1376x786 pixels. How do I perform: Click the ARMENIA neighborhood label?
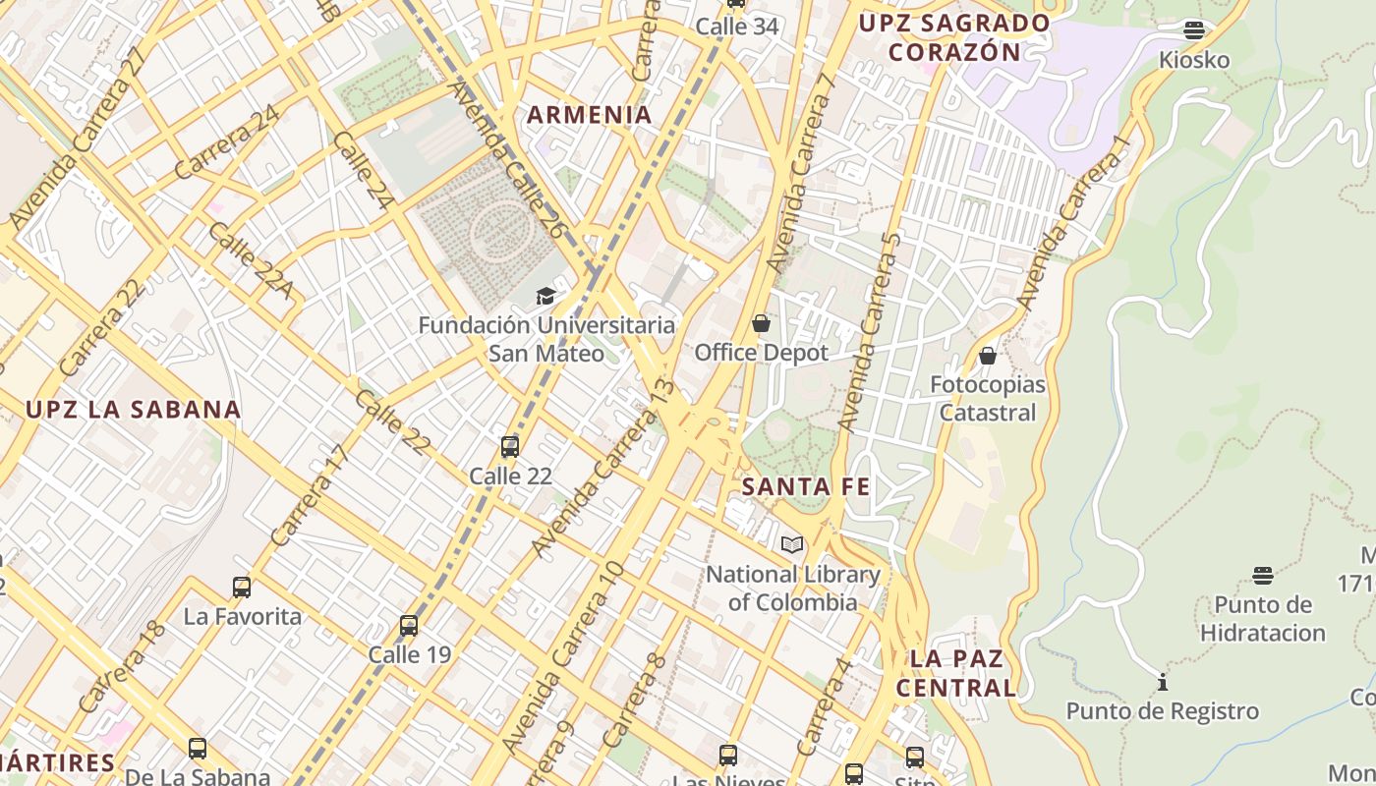point(589,115)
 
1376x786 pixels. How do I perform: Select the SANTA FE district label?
point(805,486)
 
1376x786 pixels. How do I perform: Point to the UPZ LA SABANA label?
point(133,410)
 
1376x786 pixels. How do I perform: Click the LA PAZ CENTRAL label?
point(956,673)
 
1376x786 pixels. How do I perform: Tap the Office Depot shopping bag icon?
point(761,322)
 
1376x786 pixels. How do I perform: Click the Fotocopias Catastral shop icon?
point(988,356)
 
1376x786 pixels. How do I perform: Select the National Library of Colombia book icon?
point(791,544)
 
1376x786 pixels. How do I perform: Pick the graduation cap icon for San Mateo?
point(545,296)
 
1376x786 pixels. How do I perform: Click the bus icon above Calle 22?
point(509,447)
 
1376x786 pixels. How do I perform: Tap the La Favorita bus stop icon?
point(242,588)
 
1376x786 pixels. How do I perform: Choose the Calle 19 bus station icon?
point(409,625)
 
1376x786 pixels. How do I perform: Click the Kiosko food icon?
point(1194,30)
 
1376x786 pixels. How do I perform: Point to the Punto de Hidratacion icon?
point(1263,575)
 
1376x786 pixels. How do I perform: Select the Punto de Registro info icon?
point(1163,682)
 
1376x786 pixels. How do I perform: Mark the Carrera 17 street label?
point(310,496)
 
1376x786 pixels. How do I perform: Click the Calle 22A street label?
point(251,260)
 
